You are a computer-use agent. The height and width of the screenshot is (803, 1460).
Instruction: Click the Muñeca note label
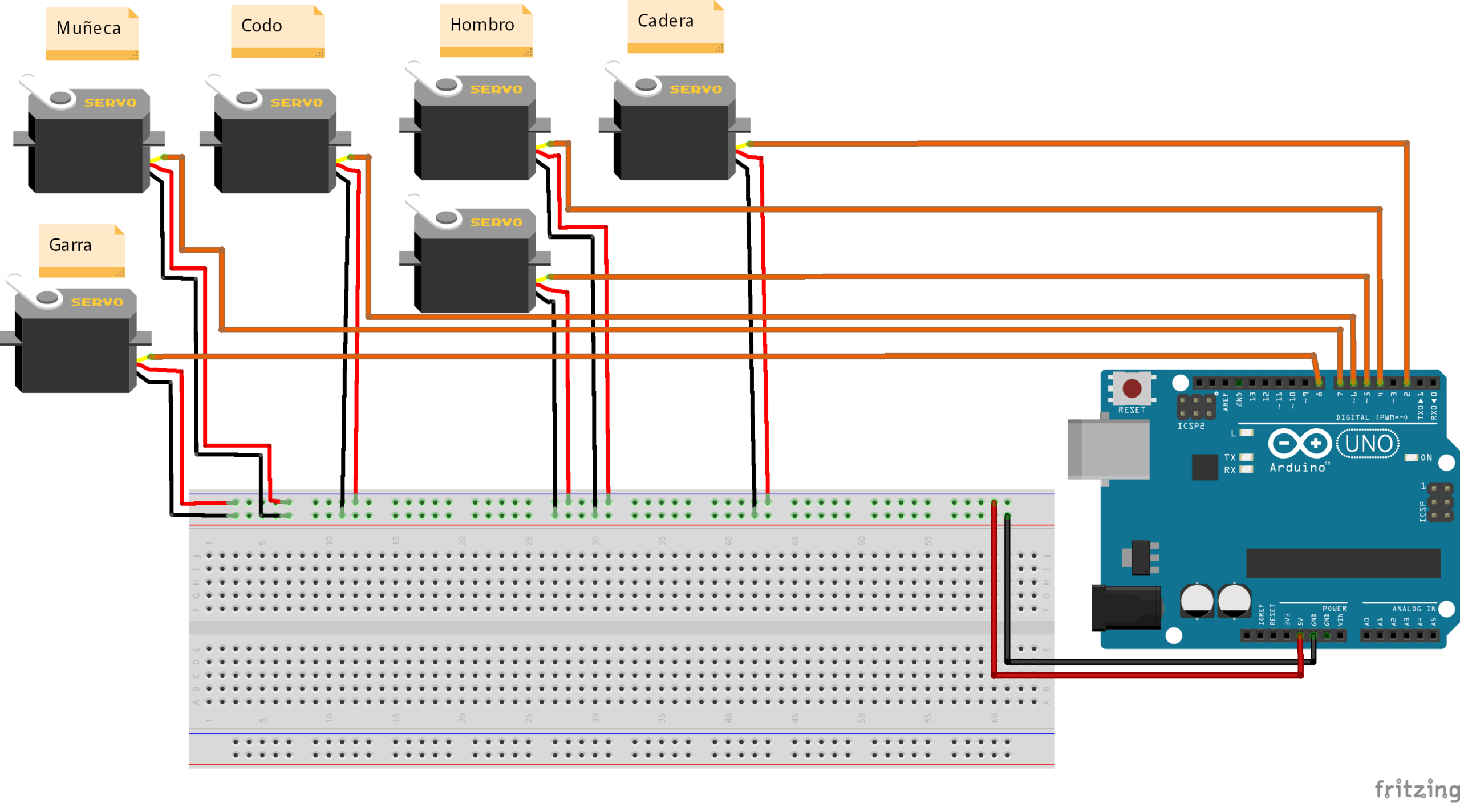(x=89, y=28)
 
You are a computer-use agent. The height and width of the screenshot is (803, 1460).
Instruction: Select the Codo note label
(x=262, y=26)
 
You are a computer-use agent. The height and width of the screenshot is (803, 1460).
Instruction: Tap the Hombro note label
(x=482, y=25)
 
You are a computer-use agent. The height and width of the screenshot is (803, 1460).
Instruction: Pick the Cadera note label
(x=666, y=21)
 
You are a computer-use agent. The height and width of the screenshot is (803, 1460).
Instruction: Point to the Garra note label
(x=70, y=245)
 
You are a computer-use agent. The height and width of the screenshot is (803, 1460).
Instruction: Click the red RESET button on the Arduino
(x=1131, y=388)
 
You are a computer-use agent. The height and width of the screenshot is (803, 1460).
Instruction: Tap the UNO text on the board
(x=1368, y=444)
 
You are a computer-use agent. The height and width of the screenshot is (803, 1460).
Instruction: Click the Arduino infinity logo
(x=1300, y=443)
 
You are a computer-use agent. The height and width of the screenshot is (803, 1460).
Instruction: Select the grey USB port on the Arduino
(x=1108, y=449)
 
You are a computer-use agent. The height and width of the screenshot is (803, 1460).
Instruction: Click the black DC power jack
(x=1125, y=608)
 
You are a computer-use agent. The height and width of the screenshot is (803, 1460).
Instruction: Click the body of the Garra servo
(x=74, y=354)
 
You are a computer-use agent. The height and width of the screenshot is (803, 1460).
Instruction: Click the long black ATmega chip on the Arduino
(x=1343, y=563)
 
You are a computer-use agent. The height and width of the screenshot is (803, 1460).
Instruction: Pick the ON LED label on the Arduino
(x=1426, y=457)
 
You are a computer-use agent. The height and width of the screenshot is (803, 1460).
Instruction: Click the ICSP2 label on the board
(x=1191, y=426)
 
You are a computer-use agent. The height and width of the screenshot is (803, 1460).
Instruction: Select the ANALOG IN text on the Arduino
(x=1414, y=609)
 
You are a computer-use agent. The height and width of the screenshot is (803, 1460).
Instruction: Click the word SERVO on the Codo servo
(x=297, y=103)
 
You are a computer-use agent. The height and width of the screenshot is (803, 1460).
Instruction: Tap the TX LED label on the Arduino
(x=1230, y=457)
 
